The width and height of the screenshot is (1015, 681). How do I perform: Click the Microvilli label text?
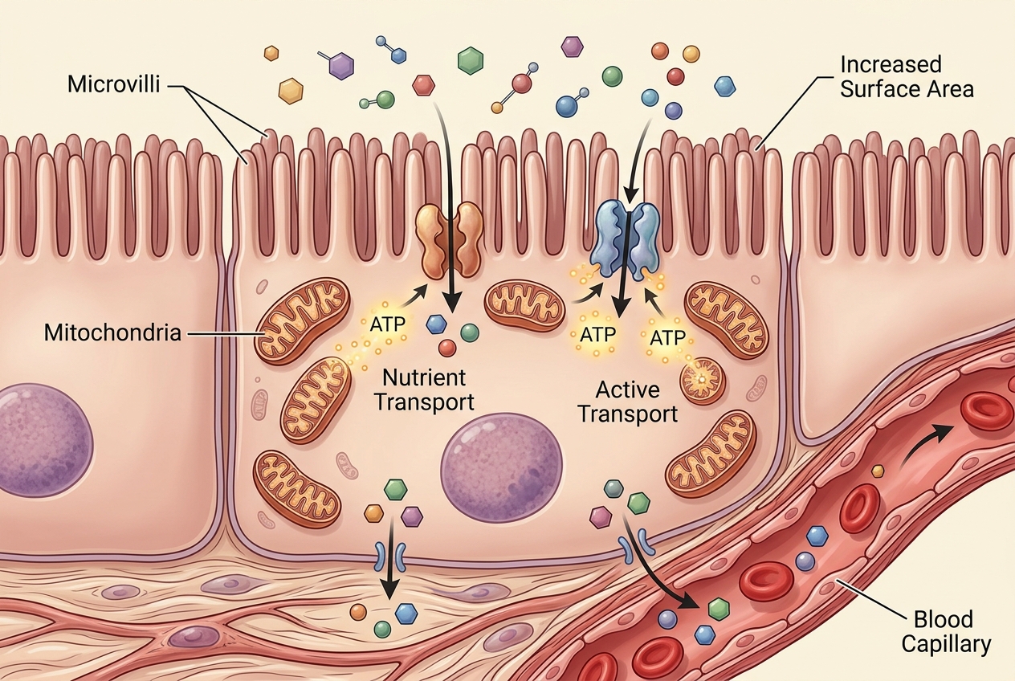114,85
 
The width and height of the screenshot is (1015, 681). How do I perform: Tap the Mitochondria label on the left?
113,333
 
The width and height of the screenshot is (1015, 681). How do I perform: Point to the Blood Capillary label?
946,631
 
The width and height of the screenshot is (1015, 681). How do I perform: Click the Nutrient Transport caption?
425,390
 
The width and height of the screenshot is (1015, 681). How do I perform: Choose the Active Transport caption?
628,402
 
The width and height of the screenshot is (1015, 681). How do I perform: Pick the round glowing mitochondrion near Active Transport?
703,380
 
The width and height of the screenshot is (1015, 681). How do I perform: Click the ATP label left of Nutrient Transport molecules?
387,324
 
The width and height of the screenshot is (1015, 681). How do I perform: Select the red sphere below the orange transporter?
447,349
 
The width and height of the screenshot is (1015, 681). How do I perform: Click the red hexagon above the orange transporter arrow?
424,85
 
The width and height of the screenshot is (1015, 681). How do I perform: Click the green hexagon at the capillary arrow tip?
719,609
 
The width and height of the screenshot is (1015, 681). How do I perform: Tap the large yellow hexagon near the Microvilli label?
291,91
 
